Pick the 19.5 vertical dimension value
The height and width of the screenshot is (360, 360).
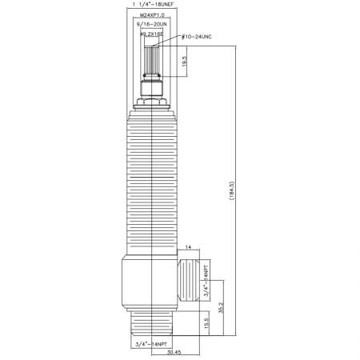[x=185, y=62]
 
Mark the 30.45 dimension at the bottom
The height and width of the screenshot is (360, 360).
[x=175, y=353]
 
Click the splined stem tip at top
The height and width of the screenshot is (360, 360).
[x=152, y=60]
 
